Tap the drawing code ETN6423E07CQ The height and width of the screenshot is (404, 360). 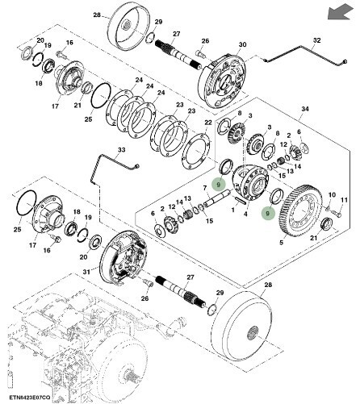tap(29, 398)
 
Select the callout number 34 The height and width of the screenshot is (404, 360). tap(305, 109)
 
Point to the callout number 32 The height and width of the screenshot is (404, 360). tap(317, 40)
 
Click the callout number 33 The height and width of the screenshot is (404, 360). tap(122, 149)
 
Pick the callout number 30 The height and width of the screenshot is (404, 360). tap(242, 44)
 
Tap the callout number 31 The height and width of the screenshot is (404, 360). tap(86, 272)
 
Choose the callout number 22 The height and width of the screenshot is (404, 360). tap(208, 123)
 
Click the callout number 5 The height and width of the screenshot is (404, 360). tap(281, 243)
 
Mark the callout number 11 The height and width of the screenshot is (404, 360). tap(344, 200)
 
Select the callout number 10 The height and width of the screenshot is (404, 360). tap(332, 194)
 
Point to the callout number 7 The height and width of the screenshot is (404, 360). tap(205, 188)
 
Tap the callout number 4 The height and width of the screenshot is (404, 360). tap(245, 214)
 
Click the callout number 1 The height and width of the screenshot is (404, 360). tap(233, 209)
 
